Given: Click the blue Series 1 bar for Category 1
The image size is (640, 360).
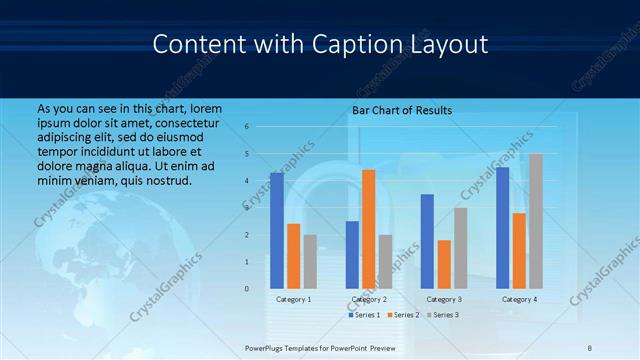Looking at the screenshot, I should pos(277,231).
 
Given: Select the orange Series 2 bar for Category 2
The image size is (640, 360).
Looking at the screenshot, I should pos(368,229).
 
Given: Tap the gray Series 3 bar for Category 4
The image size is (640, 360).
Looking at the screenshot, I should pos(536,221).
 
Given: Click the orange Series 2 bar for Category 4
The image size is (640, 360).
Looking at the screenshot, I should pos(519,250).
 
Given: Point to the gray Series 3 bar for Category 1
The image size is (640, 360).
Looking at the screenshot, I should pos(311,261).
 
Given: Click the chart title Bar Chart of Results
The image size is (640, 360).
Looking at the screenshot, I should pos(402,110).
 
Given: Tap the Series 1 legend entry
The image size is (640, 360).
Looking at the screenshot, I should pos(364,315).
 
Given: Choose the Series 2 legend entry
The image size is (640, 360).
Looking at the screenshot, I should pos(402,315).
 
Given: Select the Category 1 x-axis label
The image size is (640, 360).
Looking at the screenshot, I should pos(293,299).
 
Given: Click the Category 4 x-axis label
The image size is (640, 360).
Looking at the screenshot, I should pos(518,299).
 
